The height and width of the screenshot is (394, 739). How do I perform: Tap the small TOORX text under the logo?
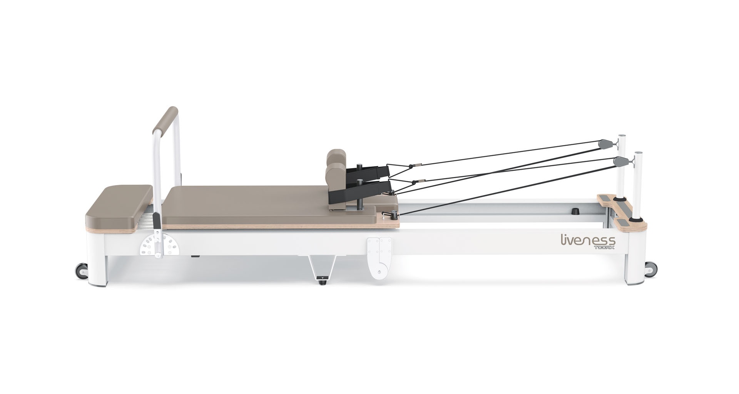pyautogui.click(x=604, y=248)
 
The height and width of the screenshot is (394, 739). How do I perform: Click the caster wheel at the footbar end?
pyautogui.click(x=82, y=270)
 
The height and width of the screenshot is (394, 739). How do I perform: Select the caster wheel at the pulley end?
pyautogui.click(x=650, y=269)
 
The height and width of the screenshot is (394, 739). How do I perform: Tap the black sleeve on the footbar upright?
pyautogui.click(x=157, y=221)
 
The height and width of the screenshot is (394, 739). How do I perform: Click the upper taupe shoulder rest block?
pyautogui.click(x=336, y=157)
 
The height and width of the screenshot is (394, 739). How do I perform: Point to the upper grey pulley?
pyautogui.click(x=604, y=144)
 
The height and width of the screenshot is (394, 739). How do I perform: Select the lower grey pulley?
pyautogui.click(x=620, y=161)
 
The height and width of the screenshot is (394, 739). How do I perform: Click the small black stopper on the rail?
pyautogui.click(x=575, y=211)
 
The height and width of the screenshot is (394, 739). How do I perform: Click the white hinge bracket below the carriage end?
pyautogui.click(x=379, y=258)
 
